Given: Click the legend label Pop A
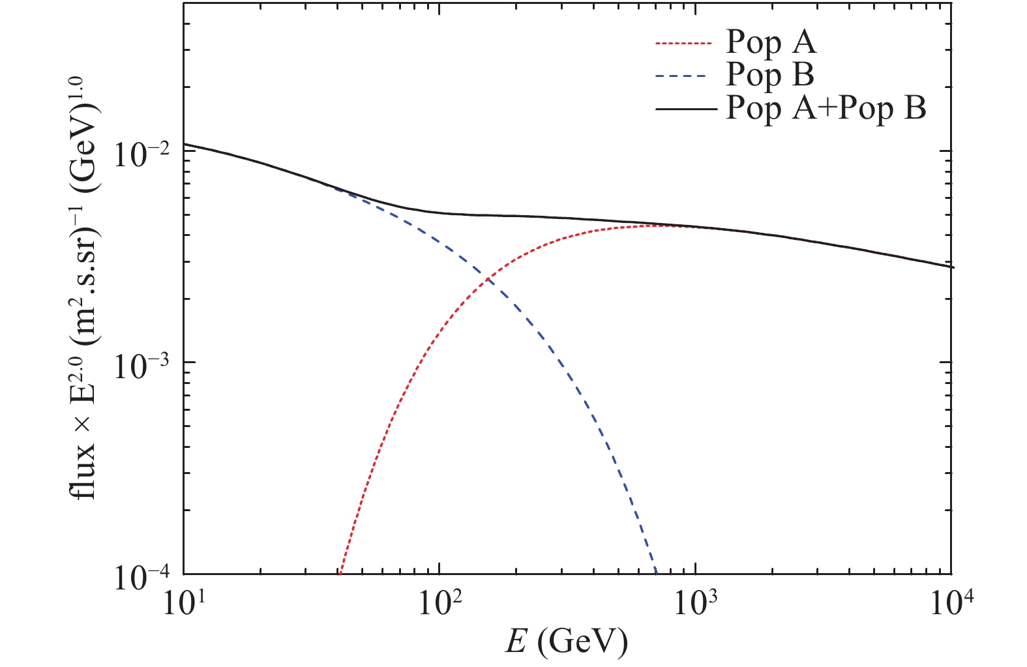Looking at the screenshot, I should [x=771, y=44].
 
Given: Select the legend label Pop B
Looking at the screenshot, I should [x=770, y=75].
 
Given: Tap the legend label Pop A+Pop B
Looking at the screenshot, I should [x=826, y=108].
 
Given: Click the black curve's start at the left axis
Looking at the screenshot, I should [x=185, y=144].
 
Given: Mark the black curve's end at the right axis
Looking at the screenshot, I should [x=953, y=267].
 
